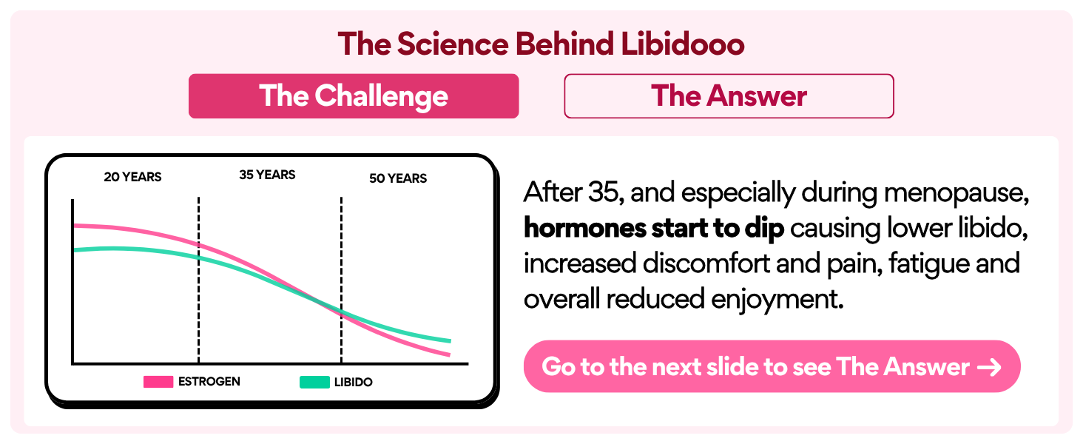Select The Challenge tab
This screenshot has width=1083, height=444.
[x=354, y=96]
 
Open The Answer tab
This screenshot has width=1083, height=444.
[x=729, y=96]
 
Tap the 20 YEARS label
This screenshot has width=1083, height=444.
[x=132, y=177]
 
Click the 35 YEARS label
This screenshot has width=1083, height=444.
[x=267, y=175]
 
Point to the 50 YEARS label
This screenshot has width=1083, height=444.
[x=398, y=178]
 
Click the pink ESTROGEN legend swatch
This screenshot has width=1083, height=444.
[x=158, y=383]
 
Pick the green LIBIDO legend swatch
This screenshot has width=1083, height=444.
[x=314, y=383]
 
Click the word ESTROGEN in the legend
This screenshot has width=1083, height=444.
[x=209, y=382]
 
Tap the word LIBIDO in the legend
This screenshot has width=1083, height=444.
[x=353, y=383]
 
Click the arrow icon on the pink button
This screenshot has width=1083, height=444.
[x=989, y=367]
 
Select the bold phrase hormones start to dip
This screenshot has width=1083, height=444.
[x=653, y=229]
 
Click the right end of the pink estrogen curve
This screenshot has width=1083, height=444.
[x=448, y=355]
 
